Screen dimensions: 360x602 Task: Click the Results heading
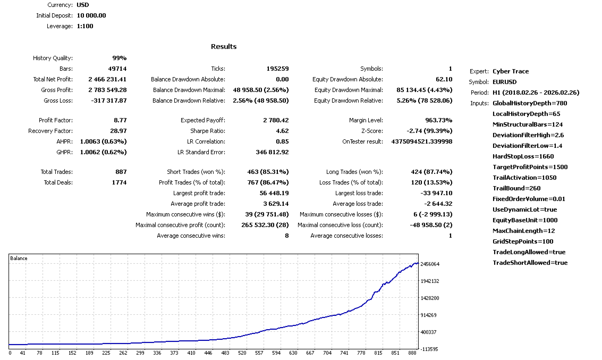coord(224,46)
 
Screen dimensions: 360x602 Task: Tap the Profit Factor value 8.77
coord(120,120)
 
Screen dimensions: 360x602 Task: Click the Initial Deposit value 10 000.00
coord(88,15)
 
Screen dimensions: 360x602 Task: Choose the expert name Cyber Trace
coord(511,71)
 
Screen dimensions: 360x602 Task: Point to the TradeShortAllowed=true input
coord(530,263)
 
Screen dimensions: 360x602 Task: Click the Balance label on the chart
coord(19,258)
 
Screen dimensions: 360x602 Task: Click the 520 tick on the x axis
coord(242,353)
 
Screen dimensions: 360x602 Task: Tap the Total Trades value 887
coord(120,172)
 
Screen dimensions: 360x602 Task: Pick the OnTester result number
coord(422,141)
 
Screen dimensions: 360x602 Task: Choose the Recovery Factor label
coord(50,131)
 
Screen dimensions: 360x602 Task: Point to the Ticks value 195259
coord(277,69)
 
